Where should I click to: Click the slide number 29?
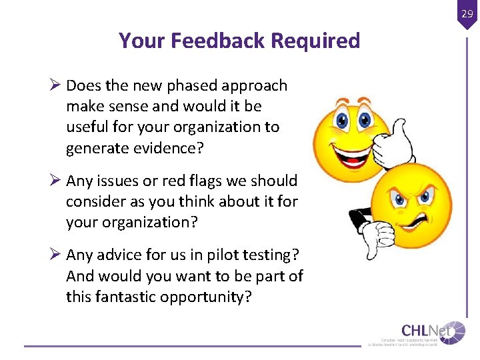tap(466, 13)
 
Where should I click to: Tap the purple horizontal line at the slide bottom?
tap(193, 346)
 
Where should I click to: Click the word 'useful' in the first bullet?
tap(87, 127)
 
